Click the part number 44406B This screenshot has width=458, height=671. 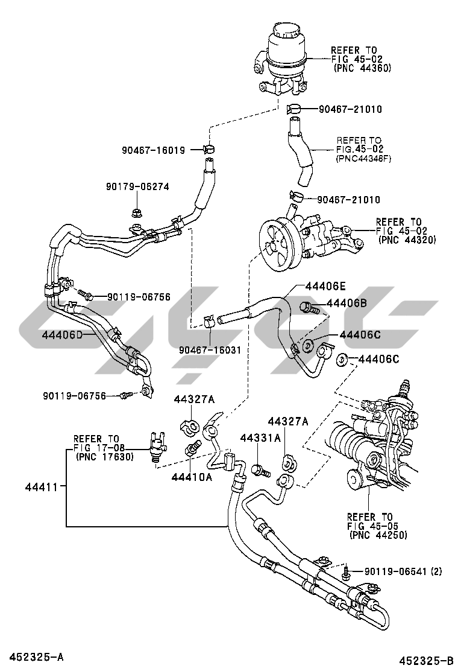click(347, 304)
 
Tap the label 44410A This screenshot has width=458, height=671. click(192, 477)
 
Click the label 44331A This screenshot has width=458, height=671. click(260, 437)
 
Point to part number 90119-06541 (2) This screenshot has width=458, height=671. click(403, 571)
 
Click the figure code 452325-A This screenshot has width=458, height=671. click(36, 656)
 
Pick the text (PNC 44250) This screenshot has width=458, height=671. click(377, 535)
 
